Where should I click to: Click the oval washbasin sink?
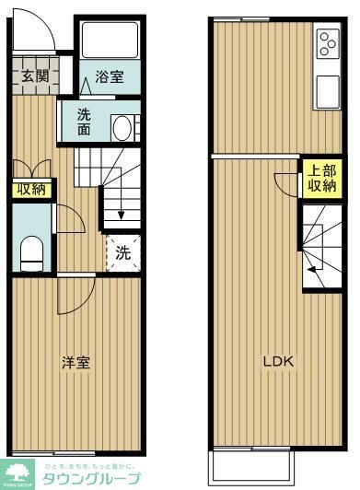tap(120, 128)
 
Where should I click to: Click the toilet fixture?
tap(31, 251)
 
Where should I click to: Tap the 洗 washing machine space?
tap(122, 251)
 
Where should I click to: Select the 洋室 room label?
tap(75, 362)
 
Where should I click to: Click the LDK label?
tap(278, 361)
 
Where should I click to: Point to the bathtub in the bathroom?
tap(109, 41)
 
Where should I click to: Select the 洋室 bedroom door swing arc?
tap(75, 295)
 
